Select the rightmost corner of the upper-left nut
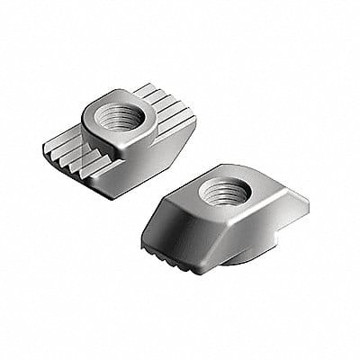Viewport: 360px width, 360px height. pos(180,117)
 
